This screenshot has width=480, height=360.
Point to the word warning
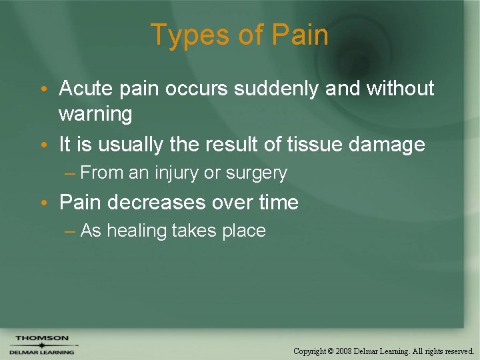click(x=95, y=114)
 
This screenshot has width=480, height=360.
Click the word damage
click(x=393, y=144)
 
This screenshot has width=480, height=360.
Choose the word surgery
click(x=256, y=173)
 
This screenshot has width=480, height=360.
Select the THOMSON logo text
click(x=42, y=339)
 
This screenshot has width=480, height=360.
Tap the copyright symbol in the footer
click(x=331, y=351)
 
